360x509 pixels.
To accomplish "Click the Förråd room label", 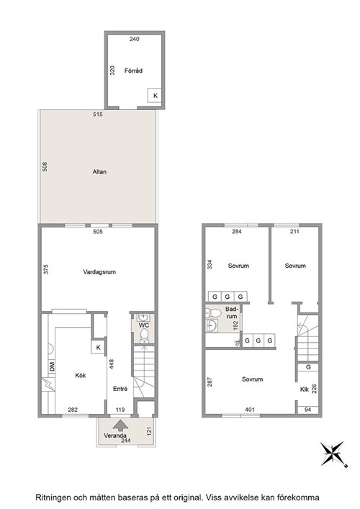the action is pos(133,71).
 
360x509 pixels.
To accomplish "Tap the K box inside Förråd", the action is pos(155,96).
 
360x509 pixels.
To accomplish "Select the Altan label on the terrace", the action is pos(99,172).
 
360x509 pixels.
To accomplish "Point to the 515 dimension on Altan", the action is pos(98,114).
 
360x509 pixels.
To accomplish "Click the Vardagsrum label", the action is pos(99,272).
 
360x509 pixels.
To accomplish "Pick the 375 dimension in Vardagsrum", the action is pos(46,269).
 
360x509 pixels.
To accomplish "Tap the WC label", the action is pos(144,325).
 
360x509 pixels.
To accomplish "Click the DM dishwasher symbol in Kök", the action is pos(52,367).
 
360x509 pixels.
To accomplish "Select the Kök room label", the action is pos(80,375).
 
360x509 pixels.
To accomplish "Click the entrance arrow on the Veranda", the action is pos(120,425).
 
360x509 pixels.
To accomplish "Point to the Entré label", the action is pos(120,389).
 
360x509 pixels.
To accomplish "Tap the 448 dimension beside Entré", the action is pos(112,364).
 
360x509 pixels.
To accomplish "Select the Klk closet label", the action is pos(304,389).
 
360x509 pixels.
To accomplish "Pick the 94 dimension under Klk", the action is pos(307,410).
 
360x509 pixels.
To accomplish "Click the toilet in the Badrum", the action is pos(215,313).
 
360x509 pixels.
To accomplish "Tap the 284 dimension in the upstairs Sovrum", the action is pos(237,231).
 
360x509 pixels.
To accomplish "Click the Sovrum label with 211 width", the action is pos(295,266).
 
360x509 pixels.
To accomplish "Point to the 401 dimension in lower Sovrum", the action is pos(250,410).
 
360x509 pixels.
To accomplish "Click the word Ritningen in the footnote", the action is pos(53,497).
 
